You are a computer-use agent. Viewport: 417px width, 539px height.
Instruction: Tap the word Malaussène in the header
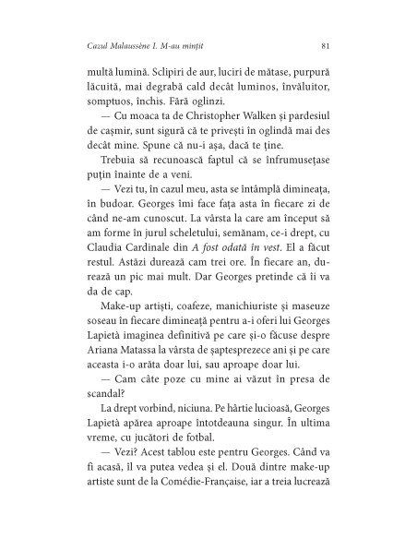pos(120,45)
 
